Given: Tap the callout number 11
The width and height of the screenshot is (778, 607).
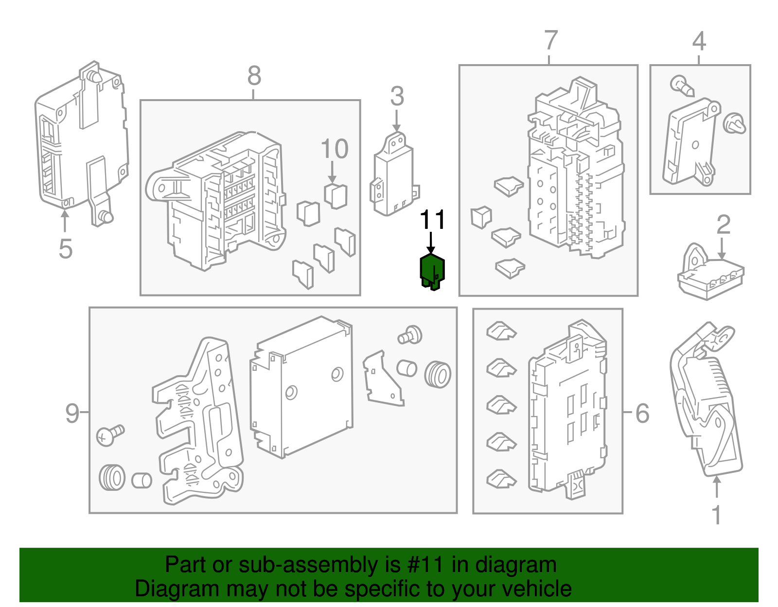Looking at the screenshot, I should pyautogui.click(x=432, y=220).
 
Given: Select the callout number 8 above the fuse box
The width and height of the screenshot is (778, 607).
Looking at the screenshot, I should pyautogui.click(x=254, y=76).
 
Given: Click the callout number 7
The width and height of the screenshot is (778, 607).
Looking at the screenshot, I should pyautogui.click(x=550, y=40).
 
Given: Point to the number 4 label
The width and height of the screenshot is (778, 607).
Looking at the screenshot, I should pyautogui.click(x=699, y=41).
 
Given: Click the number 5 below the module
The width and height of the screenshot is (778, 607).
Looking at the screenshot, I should pyautogui.click(x=65, y=249).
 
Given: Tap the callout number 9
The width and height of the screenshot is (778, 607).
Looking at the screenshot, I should pyautogui.click(x=72, y=413).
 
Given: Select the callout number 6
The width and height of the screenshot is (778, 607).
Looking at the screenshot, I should pyautogui.click(x=642, y=413).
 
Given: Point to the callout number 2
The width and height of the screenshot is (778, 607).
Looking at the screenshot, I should pyautogui.click(x=724, y=225).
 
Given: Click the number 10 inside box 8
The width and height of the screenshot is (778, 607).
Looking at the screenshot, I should pyautogui.click(x=335, y=149).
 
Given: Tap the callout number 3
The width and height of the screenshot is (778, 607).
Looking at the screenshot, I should pyautogui.click(x=397, y=96).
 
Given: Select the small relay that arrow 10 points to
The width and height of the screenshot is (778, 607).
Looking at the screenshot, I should pyautogui.click(x=336, y=195).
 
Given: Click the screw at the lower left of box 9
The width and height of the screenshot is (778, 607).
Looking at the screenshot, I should pyautogui.click(x=109, y=434).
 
